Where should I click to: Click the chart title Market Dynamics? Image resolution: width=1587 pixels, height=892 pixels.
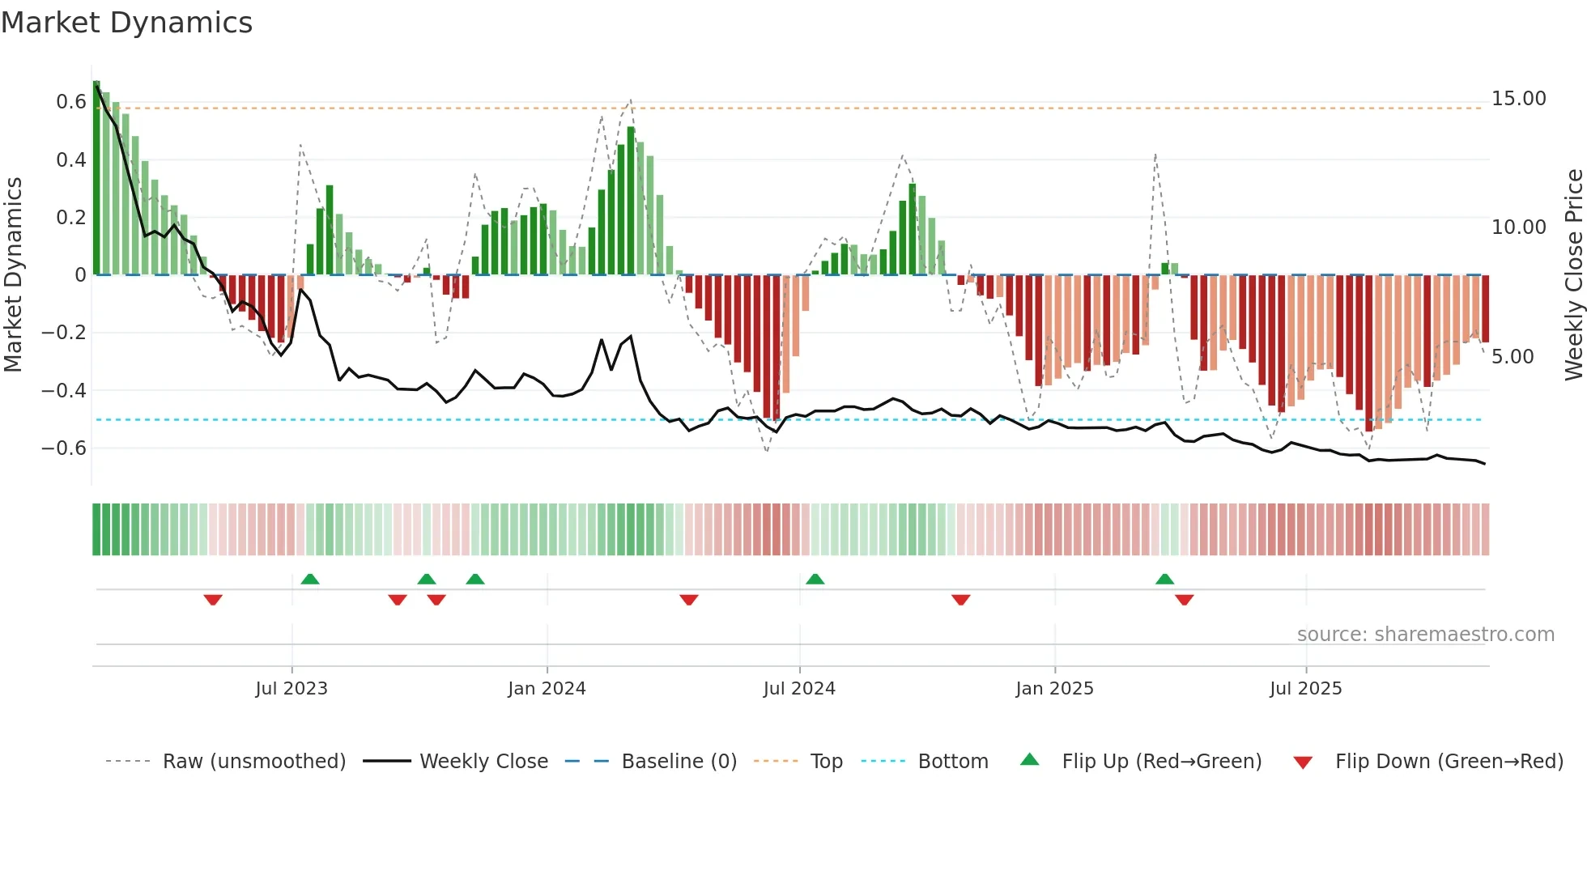[127, 23]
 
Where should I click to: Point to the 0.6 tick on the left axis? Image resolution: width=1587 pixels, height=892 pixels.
[71, 102]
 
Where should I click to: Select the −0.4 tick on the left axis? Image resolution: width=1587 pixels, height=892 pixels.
[64, 391]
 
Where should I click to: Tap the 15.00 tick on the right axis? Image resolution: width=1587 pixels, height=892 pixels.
[1518, 99]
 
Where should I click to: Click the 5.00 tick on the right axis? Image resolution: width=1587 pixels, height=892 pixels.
[1512, 357]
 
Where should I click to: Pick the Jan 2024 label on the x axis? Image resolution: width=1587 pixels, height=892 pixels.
[547, 689]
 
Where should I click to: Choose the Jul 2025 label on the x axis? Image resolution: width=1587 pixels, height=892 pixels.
[1305, 689]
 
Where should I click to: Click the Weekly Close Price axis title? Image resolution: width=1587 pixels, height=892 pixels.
[1573, 275]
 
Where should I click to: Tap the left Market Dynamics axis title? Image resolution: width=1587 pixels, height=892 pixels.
[13, 275]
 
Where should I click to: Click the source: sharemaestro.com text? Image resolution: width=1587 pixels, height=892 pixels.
[1425, 635]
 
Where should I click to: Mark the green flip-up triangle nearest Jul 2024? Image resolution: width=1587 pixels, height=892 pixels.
[815, 580]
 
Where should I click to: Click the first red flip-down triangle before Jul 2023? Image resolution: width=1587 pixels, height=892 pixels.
[213, 600]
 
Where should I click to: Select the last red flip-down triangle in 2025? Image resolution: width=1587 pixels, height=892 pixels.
[1185, 600]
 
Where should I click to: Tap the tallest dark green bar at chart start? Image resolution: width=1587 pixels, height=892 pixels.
[96, 178]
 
